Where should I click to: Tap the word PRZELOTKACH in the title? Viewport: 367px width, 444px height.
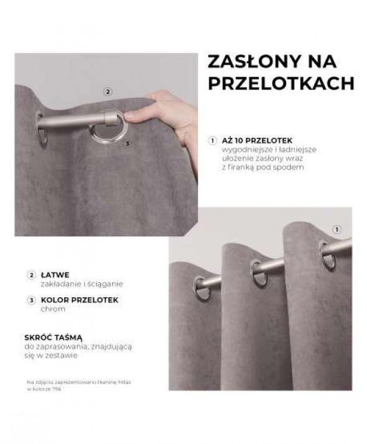coord(281,84)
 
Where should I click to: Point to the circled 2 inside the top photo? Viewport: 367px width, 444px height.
coord(108,92)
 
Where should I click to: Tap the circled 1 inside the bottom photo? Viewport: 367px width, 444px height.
coord(337,229)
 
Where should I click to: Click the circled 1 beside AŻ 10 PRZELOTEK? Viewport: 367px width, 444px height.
coord(212,141)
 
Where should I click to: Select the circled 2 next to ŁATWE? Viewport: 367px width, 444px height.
coord(31,274)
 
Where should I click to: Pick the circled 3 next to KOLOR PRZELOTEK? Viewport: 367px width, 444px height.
coord(31,300)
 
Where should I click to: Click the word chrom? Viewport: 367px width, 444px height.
coord(53,308)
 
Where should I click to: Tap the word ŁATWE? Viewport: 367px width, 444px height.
coord(57,274)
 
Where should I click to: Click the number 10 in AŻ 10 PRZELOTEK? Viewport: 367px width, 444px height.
coord(241,141)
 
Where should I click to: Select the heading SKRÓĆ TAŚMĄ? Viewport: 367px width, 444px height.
coord(53,336)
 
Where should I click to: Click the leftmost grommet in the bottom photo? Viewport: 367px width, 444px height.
coord(202,288)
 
